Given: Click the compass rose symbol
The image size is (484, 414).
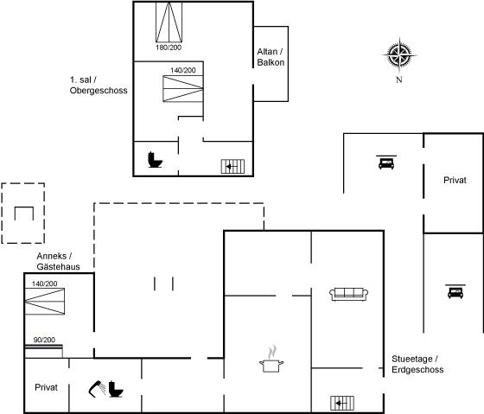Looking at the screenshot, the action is (x=399, y=55).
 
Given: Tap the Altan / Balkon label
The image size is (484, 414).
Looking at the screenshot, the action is (x=271, y=57).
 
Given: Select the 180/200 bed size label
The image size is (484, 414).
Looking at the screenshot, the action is (x=169, y=48).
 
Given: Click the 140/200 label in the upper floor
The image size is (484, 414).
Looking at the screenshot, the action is (x=183, y=70).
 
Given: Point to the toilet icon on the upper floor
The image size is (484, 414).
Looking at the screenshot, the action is (x=155, y=160).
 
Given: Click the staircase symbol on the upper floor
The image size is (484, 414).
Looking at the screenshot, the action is (x=232, y=167).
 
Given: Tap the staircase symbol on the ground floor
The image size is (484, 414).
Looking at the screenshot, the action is (x=342, y=403).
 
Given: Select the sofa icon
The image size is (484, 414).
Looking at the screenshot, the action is (x=349, y=294).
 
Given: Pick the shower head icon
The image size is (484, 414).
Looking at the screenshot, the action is (x=97, y=389).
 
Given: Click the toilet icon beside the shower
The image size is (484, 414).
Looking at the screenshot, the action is (x=116, y=389).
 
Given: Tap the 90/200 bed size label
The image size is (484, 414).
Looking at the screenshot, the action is (x=44, y=340).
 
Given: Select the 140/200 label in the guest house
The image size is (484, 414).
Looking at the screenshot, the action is (x=45, y=283).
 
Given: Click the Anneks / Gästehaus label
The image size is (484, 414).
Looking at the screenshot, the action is (x=59, y=261).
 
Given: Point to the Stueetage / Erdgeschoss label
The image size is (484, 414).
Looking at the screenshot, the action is (x=417, y=364).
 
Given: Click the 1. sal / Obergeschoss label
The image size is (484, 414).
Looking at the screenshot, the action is (x=99, y=85).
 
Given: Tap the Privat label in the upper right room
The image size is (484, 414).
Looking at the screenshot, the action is (x=455, y=181).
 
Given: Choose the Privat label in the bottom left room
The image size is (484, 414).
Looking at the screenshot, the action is (x=47, y=387).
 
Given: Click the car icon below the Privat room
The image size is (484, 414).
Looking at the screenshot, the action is (x=455, y=291).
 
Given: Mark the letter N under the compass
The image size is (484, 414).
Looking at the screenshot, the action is (x=399, y=80).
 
